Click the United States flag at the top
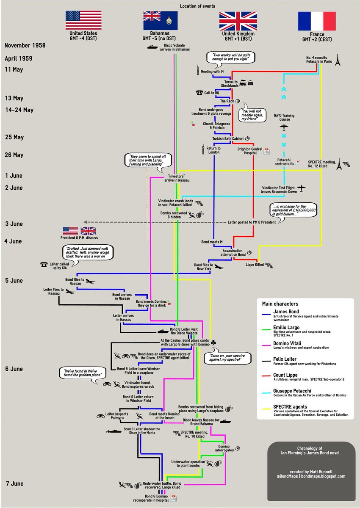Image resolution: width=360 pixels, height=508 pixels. tap(83, 19)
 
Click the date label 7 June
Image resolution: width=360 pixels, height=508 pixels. tap(15, 483)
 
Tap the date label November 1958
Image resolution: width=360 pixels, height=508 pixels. tap(25, 45)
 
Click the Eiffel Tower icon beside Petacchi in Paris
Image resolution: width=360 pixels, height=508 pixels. tap(337, 61)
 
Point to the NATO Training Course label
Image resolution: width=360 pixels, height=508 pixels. tap(284, 117)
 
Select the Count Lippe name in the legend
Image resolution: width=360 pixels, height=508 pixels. tap(286, 375)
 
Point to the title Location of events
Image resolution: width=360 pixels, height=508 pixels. tap(197, 6)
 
